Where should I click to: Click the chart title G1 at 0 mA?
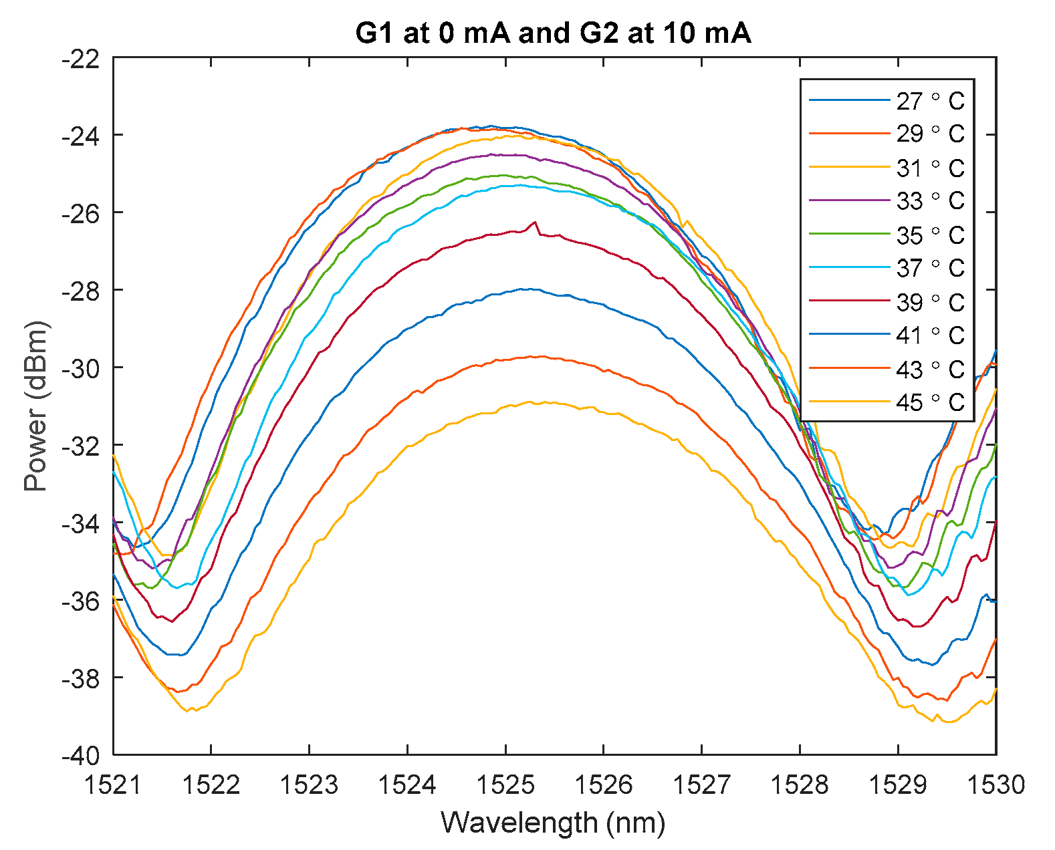pyautogui.click(x=553, y=33)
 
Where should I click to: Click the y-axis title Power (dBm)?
pyautogui.click(x=36, y=406)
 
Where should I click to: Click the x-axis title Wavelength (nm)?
pyautogui.click(x=553, y=822)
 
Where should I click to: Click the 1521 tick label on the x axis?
pyautogui.click(x=113, y=785)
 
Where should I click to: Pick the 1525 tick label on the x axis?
pyautogui.click(x=505, y=785)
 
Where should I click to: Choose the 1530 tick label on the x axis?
pyautogui.click(x=996, y=785)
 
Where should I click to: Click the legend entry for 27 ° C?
pyautogui.click(x=930, y=101)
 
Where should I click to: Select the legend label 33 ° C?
pyautogui.click(x=930, y=200)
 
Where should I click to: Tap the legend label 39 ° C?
pyautogui.click(x=930, y=302)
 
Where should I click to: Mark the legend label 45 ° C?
pyautogui.click(x=930, y=402)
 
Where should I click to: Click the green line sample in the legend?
pyautogui.click(x=849, y=234)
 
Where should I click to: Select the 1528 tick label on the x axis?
pyautogui.click(x=800, y=785)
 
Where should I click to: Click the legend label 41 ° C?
pyautogui.click(x=930, y=335)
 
